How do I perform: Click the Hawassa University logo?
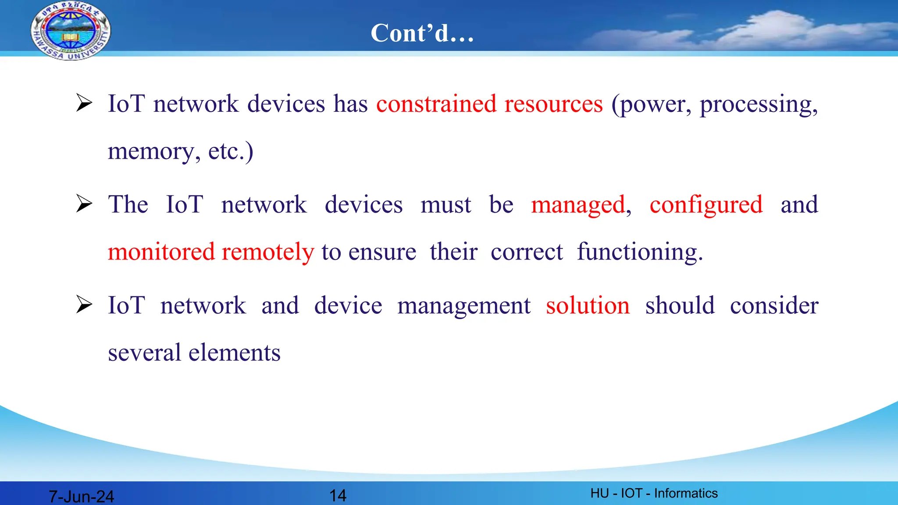tap(71, 31)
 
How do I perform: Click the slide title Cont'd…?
tap(422, 33)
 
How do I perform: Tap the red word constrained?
tap(436, 104)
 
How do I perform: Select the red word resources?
tap(553, 104)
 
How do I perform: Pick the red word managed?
tap(578, 205)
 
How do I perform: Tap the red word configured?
tap(706, 205)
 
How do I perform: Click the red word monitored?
tap(161, 252)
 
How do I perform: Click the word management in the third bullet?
tap(463, 306)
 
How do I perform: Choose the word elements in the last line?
tap(234, 353)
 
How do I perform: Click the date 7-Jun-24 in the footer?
tap(81, 496)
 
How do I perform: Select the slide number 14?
tap(338, 495)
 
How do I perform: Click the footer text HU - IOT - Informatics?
tap(654, 493)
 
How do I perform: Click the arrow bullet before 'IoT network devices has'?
tap(84, 103)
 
